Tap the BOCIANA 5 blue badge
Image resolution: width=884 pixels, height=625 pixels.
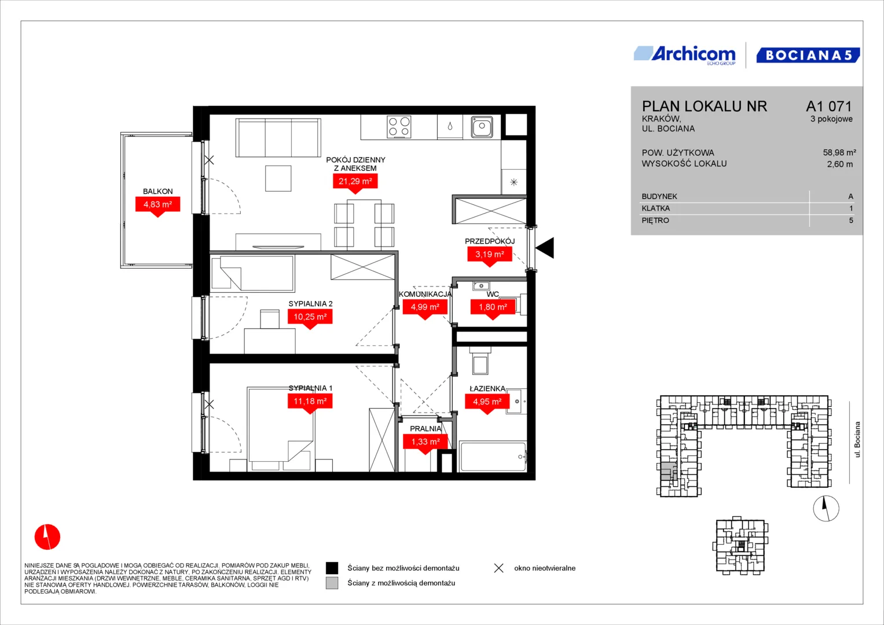click(x=808, y=55)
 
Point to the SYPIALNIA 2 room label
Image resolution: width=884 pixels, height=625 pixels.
click(x=310, y=303)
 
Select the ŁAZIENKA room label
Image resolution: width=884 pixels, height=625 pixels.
click(x=487, y=389)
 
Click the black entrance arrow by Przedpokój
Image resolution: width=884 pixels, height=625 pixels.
click(x=545, y=248)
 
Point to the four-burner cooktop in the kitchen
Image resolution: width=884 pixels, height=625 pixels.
click(x=399, y=127)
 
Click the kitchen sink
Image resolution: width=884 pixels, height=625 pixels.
click(x=482, y=127)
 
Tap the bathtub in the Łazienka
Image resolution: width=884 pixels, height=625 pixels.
click(x=493, y=457)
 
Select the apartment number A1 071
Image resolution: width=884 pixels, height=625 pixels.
click(x=829, y=106)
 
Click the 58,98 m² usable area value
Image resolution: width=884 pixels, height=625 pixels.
click(x=839, y=152)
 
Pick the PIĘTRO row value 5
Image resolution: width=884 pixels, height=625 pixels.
click(x=851, y=220)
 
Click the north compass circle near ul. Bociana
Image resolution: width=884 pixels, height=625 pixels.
click(x=826, y=509)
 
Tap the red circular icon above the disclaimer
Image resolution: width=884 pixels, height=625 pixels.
click(x=47, y=536)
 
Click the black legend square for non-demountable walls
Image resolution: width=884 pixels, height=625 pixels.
click(x=332, y=568)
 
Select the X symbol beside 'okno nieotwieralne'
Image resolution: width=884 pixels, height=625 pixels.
click(x=499, y=568)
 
